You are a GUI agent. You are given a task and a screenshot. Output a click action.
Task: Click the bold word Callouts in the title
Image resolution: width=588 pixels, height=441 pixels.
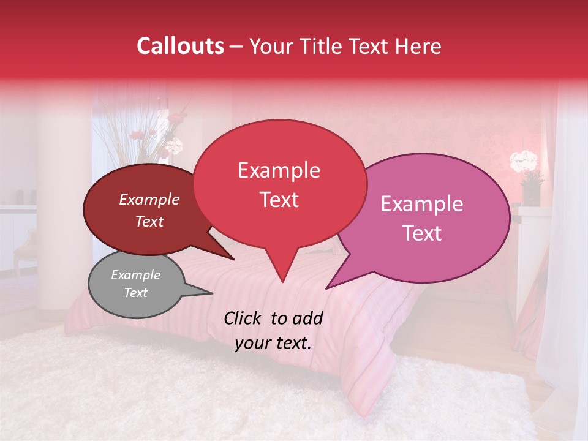pos(180,46)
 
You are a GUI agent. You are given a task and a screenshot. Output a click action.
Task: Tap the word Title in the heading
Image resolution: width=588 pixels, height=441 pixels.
pos(321,46)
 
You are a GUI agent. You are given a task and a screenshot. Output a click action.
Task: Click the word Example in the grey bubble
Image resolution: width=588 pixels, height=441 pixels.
pos(135,275)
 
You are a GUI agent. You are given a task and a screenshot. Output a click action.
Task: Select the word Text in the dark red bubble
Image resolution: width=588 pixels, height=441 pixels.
pos(149,222)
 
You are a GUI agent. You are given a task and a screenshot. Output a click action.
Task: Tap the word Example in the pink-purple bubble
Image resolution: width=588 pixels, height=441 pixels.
pos(422,204)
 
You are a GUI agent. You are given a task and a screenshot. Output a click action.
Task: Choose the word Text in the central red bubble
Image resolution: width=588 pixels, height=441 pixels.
pos(279,200)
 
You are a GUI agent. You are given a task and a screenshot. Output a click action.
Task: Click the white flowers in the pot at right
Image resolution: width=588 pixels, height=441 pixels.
pos(523,162)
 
